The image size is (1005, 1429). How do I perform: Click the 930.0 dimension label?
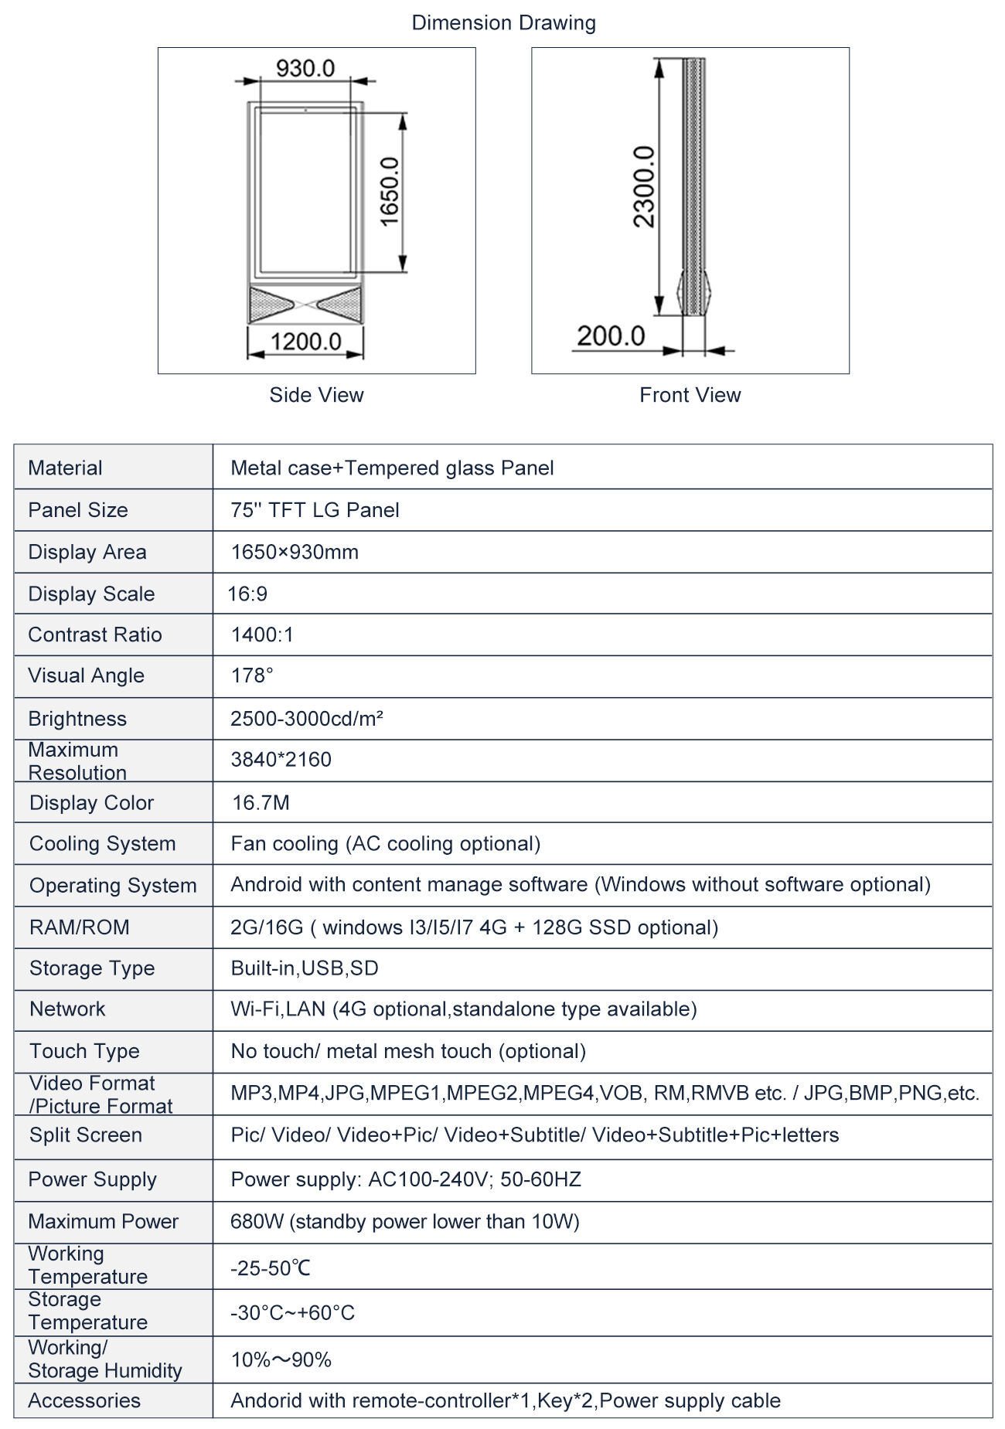[305, 69]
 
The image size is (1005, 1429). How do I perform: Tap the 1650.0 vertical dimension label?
[390, 191]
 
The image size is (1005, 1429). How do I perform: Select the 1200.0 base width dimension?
[305, 341]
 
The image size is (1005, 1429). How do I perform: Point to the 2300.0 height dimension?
[644, 186]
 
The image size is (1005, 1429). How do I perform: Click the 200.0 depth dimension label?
[611, 336]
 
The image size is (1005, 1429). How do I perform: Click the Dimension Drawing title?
[503, 23]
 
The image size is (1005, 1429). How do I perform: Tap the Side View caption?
[316, 395]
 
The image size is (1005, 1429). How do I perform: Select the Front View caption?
[690, 395]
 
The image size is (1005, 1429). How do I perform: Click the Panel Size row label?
[78, 510]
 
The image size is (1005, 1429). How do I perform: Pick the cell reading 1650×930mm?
[295, 552]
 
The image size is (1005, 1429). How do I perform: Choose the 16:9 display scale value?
[247, 594]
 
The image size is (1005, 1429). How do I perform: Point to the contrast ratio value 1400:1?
[262, 635]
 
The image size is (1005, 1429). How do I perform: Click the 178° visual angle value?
[252, 675]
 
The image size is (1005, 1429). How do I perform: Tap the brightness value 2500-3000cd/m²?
[307, 719]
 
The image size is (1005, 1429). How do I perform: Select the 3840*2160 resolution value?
[281, 760]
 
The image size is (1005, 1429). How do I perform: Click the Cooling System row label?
[102, 843]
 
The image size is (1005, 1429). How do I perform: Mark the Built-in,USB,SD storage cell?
[305, 968]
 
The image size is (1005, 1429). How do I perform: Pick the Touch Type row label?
[84, 1051]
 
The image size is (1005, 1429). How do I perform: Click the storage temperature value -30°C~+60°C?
[292, 1312]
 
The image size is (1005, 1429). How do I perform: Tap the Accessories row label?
[84, 1400]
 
